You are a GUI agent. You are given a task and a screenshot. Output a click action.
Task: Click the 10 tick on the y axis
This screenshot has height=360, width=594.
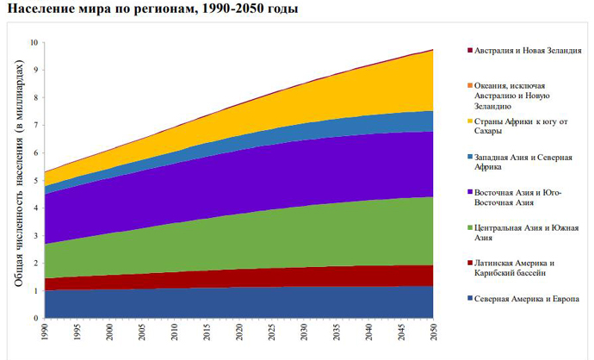tap(34, 42)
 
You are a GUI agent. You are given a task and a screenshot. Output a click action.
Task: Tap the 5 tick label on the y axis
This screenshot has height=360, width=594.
tap(34, 180)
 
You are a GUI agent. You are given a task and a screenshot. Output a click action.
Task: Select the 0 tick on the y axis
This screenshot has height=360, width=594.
tap(34, 319)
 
